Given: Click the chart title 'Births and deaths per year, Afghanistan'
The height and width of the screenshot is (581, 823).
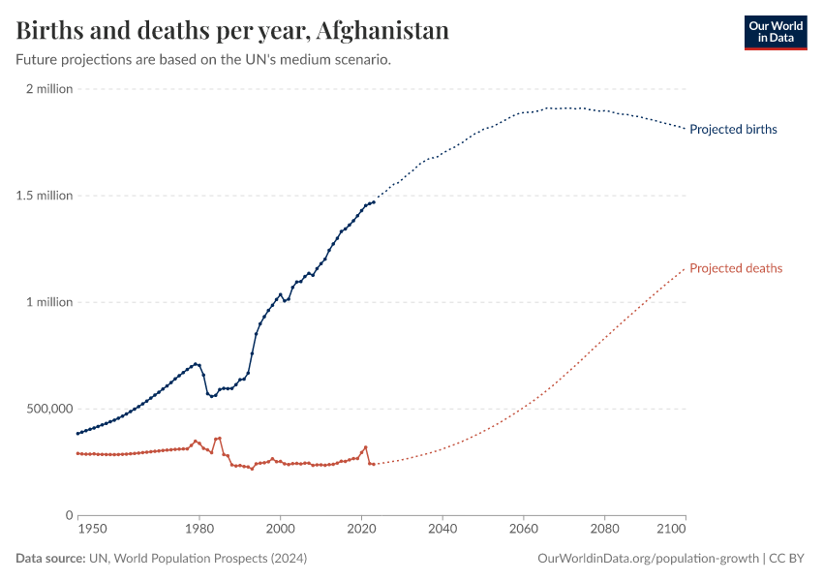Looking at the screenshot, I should [232, 30].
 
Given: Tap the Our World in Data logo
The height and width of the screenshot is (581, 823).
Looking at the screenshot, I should [775, 33].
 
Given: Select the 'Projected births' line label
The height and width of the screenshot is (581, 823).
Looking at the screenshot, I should [733, 129].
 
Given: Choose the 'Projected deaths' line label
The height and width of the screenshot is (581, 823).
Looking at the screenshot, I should [736, 268].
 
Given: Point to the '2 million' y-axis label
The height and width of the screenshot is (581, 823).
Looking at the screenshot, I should [49, 89].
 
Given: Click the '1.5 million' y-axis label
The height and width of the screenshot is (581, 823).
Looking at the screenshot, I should [44, 196].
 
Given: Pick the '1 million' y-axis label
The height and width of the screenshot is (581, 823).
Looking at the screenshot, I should [49, 302].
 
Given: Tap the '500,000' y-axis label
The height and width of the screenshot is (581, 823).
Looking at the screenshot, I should [46, 409].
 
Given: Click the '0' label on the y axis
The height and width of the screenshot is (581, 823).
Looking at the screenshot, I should [69, 515].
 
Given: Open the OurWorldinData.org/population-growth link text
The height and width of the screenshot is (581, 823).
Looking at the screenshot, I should [647, 559].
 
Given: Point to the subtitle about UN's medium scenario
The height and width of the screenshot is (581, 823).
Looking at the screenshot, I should [203, 59].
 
